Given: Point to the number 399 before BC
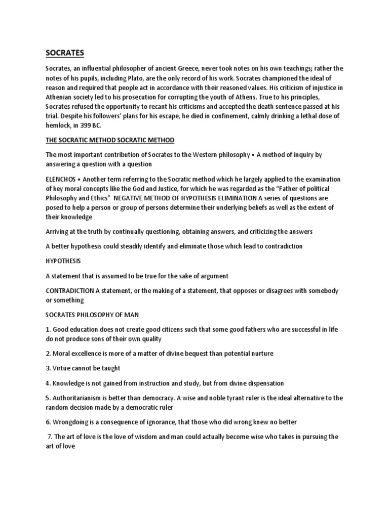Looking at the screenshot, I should (83, 125).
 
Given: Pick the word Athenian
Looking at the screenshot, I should (62, 97).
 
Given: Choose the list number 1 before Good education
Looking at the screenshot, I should (48, 329).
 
